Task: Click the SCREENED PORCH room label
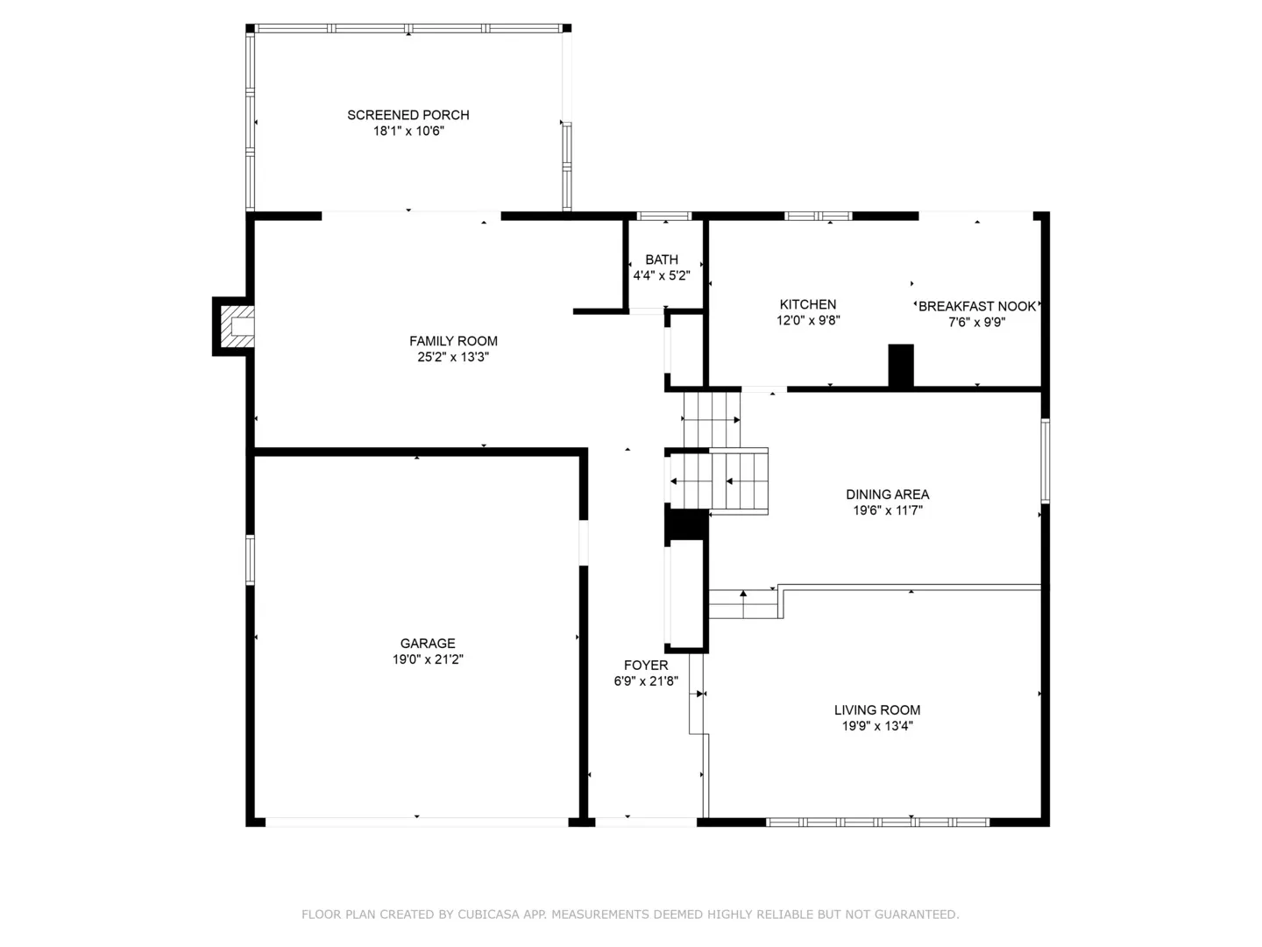tap(408, 115)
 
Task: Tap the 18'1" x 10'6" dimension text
tap(408, 132)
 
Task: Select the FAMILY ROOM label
tap(453, 341)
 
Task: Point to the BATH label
tap(661, 260)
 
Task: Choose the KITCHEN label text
tap(807, 304)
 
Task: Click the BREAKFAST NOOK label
tap(976, 306)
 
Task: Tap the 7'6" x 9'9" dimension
tap(976, 322)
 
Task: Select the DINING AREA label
tap(887, 494)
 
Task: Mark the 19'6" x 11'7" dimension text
tap(887, 510)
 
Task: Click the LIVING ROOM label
tap(876, 709)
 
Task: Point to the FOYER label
tap(646, 665)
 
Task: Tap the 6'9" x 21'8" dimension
tap(646, 680)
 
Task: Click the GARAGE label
tap(427, 643)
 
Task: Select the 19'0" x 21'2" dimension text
tap(427, 659)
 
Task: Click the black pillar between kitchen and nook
tap(900, 365)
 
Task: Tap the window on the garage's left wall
tap(250, 559)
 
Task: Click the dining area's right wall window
tap(1045, 461)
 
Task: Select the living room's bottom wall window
tap(877, 822)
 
